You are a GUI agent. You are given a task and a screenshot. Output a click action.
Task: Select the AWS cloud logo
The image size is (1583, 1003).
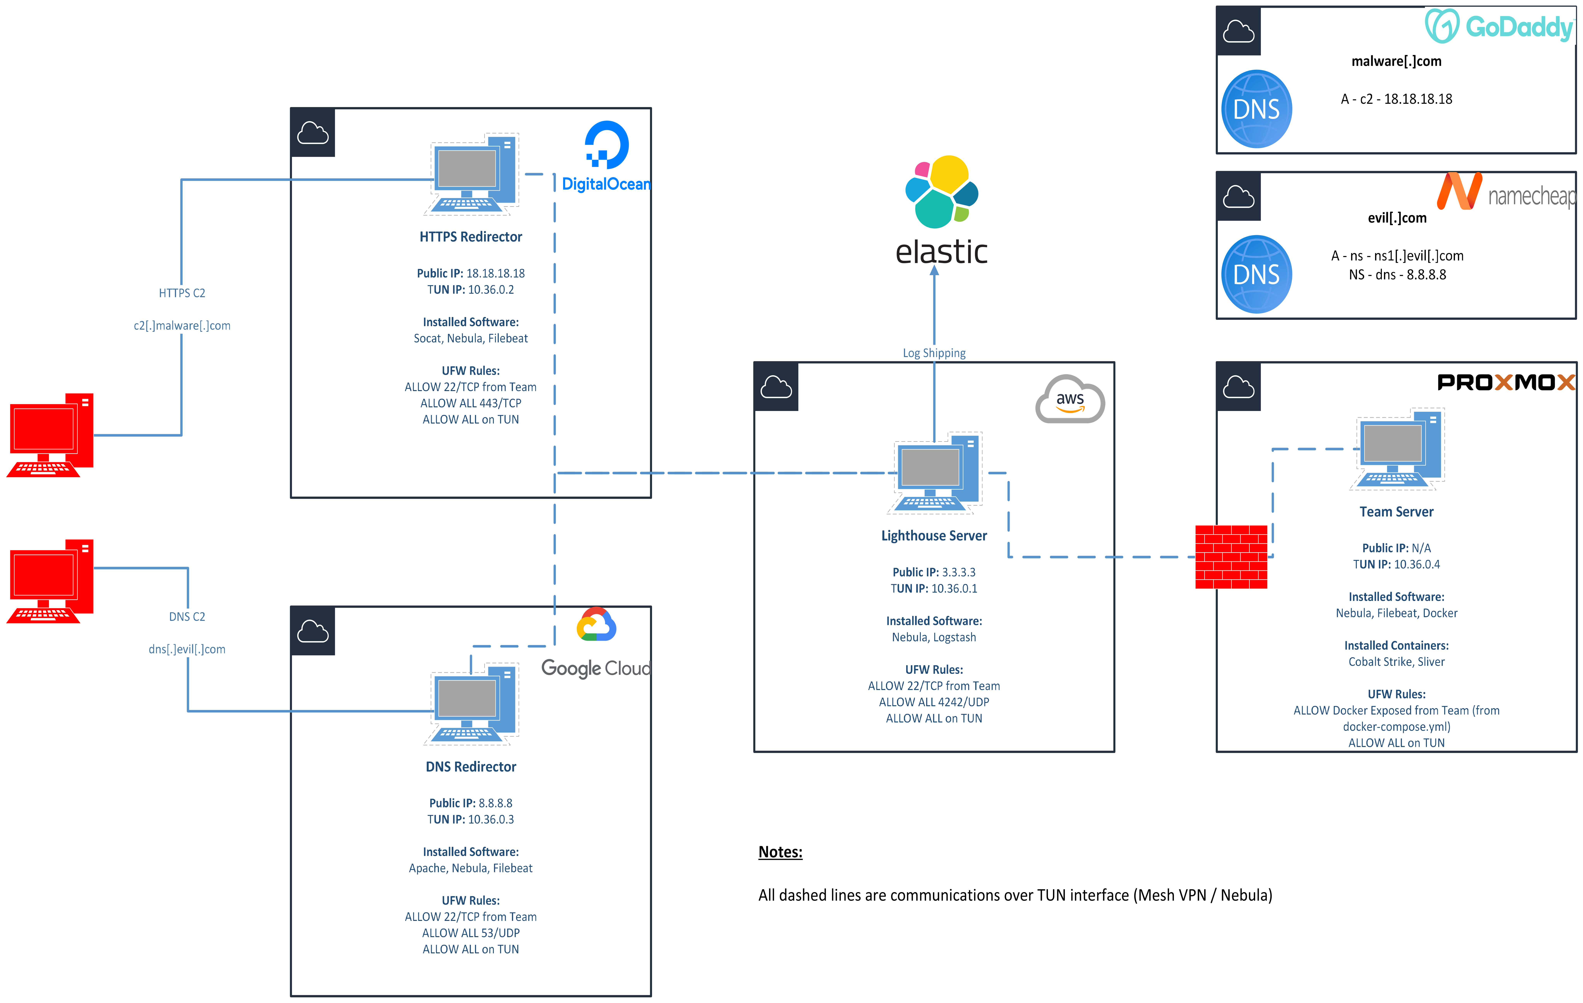click(1070, 399)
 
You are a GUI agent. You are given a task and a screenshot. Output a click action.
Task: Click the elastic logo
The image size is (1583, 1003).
click(941, 210)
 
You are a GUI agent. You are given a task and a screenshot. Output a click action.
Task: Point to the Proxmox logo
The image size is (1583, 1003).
click(1506, 382)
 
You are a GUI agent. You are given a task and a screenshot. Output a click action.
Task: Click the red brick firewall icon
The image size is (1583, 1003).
click(1231, 557)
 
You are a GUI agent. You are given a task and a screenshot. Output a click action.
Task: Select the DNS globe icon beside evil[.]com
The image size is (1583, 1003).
click(1256, 274)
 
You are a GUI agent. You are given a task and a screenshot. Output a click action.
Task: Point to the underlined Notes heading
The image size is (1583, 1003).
click(780, 852)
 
